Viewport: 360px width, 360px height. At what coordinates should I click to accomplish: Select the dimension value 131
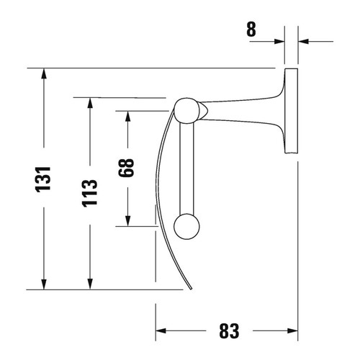click(45, 179)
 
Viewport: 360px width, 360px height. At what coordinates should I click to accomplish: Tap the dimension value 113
click(89, 193)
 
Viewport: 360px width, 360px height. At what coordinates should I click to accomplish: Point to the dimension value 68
click(127, 168)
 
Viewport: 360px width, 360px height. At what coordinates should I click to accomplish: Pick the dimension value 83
click(228, 331)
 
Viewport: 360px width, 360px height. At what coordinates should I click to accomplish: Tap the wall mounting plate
click(291, 111)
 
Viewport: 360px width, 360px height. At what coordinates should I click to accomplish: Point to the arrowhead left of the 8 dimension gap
click(279, 41)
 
